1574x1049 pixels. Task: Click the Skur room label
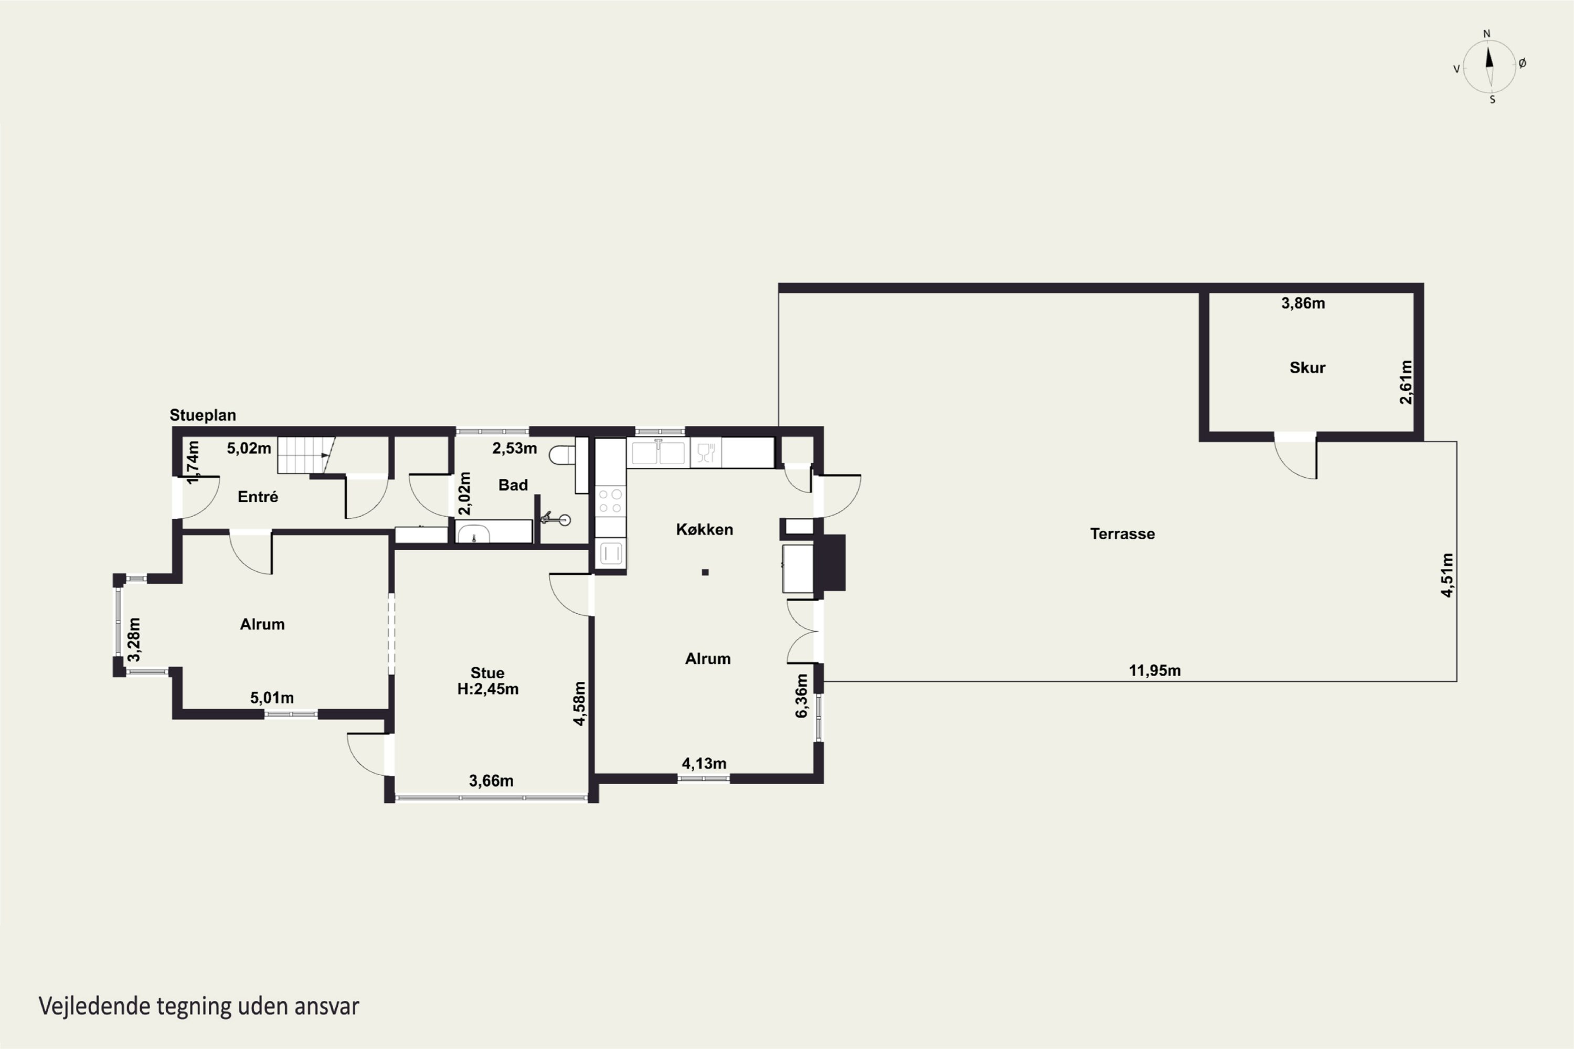[1307, 367]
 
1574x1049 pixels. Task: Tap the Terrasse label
[1122, 534]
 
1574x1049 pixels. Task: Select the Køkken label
[704, 529]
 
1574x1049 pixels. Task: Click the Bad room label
[513, 485]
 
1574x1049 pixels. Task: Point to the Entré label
[258, 496]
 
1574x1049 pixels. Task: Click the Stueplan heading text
[203, 415]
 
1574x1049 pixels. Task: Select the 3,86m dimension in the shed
[1303, 303]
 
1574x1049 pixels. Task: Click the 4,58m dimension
[580, 703]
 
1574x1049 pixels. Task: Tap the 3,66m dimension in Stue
[491, 781]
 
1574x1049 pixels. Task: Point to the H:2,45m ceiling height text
[488, 689]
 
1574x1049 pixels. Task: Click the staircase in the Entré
[306, 455]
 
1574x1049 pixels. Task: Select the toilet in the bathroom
[562, 455]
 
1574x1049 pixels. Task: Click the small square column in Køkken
[705, 572]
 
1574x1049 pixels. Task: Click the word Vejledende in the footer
[94, 1005]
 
